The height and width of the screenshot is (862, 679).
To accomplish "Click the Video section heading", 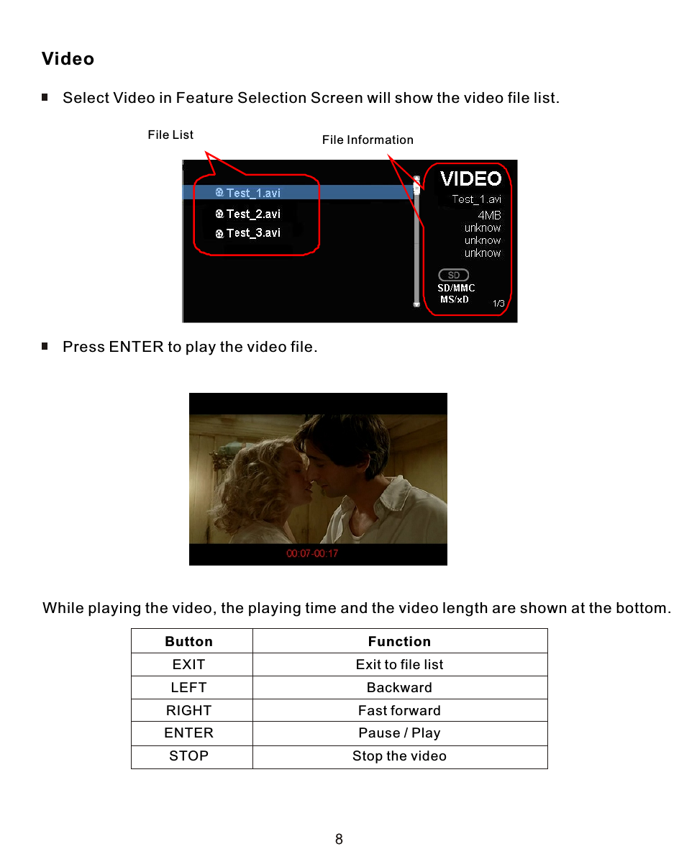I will click(x=68, y=59).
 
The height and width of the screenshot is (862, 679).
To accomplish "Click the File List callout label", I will click(x=170, y=135).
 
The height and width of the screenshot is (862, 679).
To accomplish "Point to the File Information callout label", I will click(x=368, y=140).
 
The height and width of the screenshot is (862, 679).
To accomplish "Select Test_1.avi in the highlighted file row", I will click(x=252, y=193).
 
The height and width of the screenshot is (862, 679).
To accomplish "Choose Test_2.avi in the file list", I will click(x=252, y=214).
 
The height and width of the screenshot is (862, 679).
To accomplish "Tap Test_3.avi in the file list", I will click(x=252, y=233).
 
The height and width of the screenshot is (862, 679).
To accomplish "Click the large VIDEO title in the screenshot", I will click(x=470, y=178).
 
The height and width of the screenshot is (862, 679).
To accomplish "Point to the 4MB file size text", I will click(x=489, y=215).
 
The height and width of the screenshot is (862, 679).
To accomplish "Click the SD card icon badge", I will click(x=454, y=275).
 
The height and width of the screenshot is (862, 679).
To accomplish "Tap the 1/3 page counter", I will click(x=498, y=304).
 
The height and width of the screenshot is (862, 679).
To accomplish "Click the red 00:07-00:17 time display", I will click(x=312, y=553).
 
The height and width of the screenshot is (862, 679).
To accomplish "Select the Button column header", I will click(x=189, y=641).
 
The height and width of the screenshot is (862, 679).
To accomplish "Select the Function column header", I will click(x=399, y=641).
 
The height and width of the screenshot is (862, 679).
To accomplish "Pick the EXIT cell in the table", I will click(x=189, y=664).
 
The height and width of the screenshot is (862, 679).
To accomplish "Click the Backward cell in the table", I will click(x=399, y=687).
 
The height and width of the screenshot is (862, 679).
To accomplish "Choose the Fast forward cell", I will click(x=399, y=710).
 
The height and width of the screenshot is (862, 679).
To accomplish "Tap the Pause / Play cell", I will click(x=399, y=733).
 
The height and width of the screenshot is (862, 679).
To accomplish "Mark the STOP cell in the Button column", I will click(x=189, y=756).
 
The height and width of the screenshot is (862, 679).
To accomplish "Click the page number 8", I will click(x=339, y=839).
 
